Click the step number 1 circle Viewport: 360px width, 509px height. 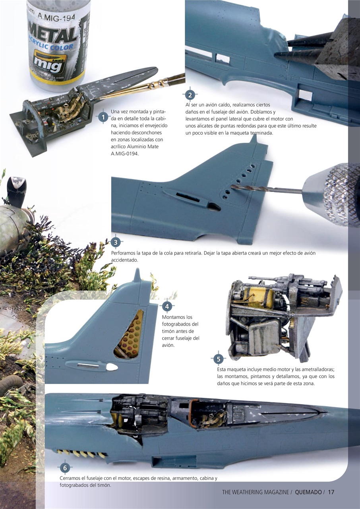pos(103,117)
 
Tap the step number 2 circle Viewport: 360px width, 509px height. pos(190,95)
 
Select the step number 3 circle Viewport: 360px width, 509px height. pos(115,242)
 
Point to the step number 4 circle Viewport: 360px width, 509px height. pos(167,306)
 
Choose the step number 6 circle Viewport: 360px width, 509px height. pos(65,468)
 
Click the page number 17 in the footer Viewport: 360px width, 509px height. pos(331,492)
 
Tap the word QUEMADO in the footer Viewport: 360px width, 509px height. pos(308,492)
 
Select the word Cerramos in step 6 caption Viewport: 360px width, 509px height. pos(71,478)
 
